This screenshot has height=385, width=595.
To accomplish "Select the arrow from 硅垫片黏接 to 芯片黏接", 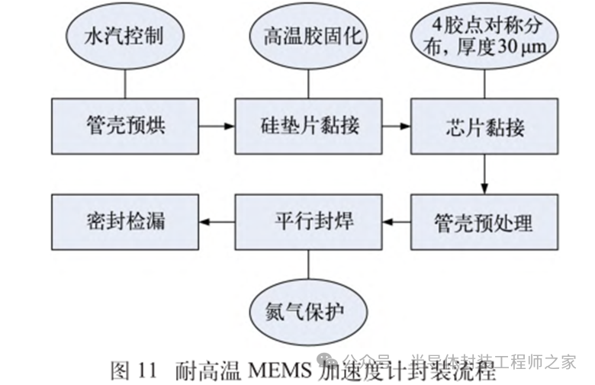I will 397,126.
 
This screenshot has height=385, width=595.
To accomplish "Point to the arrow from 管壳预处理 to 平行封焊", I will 397,223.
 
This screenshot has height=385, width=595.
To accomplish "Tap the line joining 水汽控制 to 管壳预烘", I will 124,82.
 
